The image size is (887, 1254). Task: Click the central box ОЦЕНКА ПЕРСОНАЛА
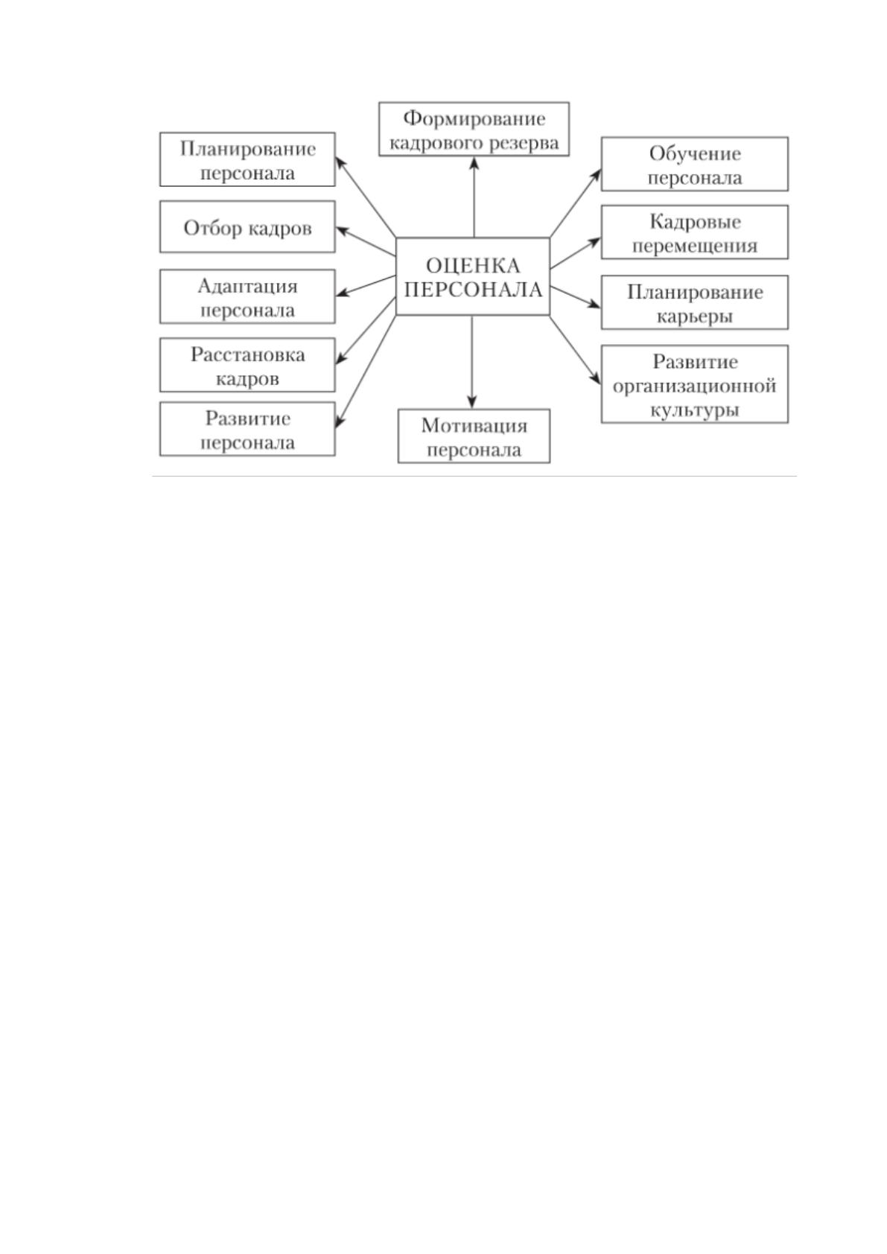473,276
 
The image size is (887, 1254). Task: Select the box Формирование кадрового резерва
474,129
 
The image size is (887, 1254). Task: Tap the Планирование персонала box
247,159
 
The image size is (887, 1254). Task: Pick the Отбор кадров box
247,226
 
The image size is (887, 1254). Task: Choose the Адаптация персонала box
247,296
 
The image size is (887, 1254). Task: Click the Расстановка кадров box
247,365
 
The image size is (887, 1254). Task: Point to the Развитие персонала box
247,429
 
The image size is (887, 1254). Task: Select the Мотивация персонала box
474,436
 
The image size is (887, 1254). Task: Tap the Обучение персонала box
694,164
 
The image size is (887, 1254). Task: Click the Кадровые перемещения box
694,232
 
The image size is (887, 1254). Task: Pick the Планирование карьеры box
694,302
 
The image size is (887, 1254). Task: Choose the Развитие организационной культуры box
694,384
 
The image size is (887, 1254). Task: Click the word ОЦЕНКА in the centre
473,265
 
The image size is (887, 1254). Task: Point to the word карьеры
694,317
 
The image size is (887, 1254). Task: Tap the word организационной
694,386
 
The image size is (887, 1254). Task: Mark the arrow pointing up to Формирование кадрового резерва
474,197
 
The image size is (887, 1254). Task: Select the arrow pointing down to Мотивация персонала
472,362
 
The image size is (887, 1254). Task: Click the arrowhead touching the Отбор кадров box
342,229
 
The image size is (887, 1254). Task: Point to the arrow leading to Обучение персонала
576,203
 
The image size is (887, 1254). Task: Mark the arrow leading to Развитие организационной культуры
576,350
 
